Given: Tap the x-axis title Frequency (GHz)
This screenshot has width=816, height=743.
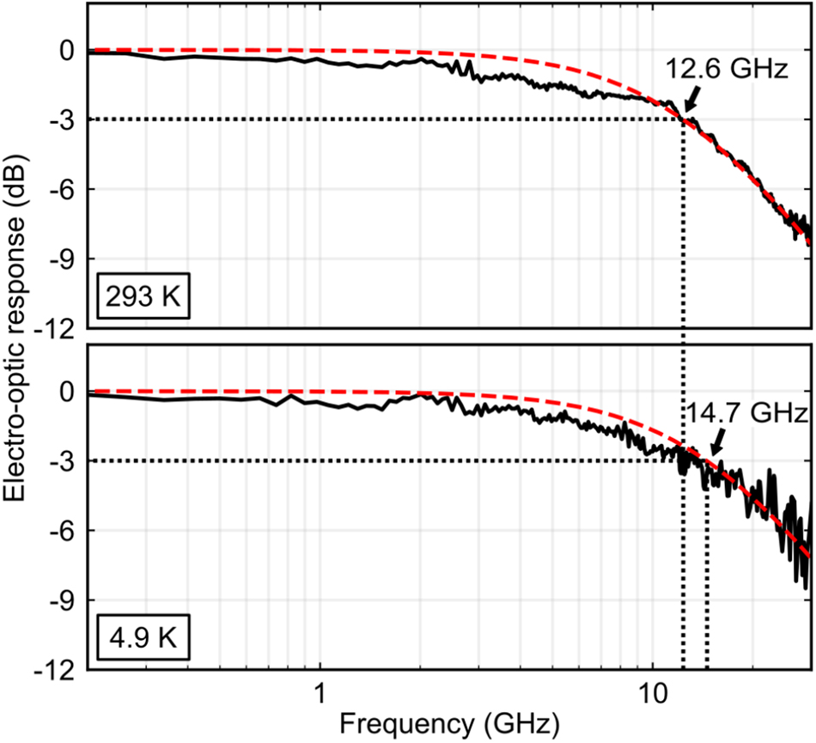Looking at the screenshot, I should pos(451,724).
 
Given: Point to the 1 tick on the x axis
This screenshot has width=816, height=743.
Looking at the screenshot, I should pos(320,691).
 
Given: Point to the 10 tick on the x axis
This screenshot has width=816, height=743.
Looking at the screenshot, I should pos(652,691).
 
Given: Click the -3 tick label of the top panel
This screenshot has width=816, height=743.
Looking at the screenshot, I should pos(62,119).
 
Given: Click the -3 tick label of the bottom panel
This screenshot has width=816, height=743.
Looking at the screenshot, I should pos(62,461).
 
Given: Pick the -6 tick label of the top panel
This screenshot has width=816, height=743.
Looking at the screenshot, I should pos(62,189).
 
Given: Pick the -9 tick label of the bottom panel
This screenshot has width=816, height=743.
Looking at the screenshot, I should pos(62,600).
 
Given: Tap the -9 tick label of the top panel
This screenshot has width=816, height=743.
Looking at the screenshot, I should pos(62,259).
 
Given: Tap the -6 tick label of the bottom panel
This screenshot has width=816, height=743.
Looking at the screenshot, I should pos(62,531).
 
